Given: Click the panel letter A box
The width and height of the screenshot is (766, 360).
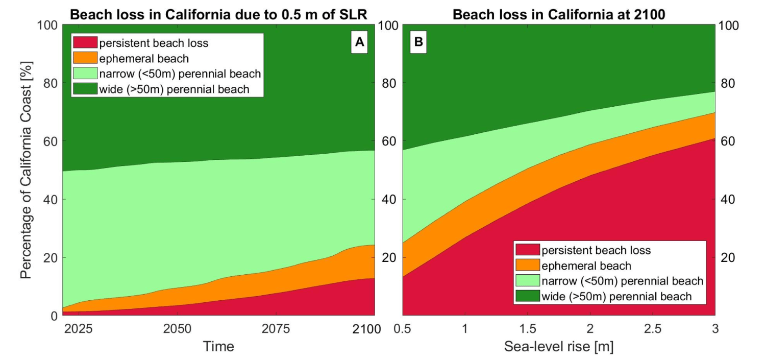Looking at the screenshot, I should pos(359,44).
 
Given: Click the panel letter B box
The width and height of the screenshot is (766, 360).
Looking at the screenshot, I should pos(418,44).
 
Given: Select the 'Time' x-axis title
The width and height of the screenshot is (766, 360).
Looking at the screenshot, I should pos(218,346).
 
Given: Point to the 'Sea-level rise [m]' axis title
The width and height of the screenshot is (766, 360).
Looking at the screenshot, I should pos(559,346).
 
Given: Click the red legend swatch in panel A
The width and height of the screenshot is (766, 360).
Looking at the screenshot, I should pos(85,42).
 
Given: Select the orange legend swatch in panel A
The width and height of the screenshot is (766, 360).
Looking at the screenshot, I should pos(85,58).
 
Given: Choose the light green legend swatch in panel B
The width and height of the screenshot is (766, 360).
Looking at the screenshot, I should pos(528,281).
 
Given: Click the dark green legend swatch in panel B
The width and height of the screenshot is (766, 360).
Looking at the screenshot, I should pos(528,296).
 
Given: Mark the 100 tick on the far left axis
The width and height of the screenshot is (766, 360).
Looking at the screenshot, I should pos(47,25).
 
